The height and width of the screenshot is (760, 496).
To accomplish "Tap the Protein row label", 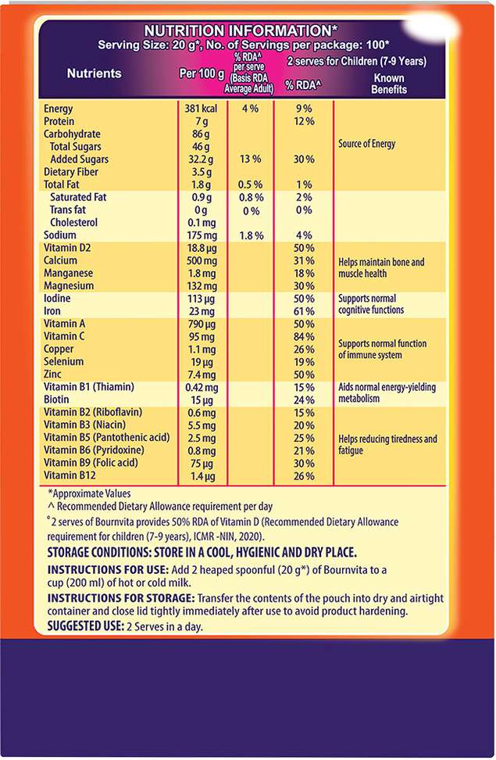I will [59, 121].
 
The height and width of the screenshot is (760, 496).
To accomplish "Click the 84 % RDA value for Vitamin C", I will [304, 337].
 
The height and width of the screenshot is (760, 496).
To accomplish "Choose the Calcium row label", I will [61, 260].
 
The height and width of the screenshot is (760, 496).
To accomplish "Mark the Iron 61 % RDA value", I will [304, 311].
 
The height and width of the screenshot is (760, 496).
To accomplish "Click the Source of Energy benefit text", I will [367, 144].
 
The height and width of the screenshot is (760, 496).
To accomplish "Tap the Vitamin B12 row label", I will [69, 475].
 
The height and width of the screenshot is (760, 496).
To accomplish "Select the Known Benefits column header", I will [391, 84].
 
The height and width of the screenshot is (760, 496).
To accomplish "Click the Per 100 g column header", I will [201, 73].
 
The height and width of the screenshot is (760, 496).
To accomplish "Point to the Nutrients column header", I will [95, 73].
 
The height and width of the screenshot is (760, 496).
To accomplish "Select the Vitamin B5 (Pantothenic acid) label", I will [107, 438].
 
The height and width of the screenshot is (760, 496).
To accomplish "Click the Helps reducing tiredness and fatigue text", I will [387, 444].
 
